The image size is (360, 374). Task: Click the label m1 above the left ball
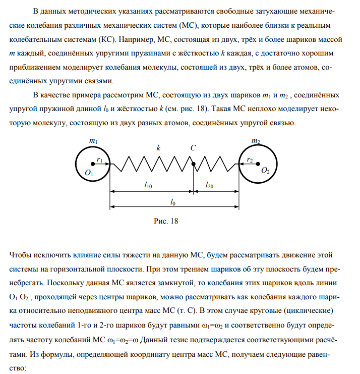coord(93,142)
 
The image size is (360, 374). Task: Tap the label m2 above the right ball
coord(256,142)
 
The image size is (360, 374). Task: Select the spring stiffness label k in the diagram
coord(158,148)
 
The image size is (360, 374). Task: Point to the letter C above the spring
coord(193,148)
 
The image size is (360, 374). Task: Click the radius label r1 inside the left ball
coord(100,159)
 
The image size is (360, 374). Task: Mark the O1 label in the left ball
coord(90,173)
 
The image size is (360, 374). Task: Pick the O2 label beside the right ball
coord(265,172)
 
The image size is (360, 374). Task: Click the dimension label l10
coord(148,186)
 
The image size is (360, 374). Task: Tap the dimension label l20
coord(209,186)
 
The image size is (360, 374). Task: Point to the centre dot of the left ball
coord(93,164)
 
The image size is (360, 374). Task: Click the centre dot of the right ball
coord(257,164)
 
